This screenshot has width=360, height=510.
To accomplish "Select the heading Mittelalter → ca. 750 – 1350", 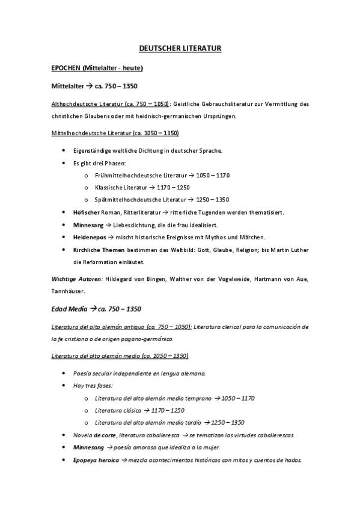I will point(95,86).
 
